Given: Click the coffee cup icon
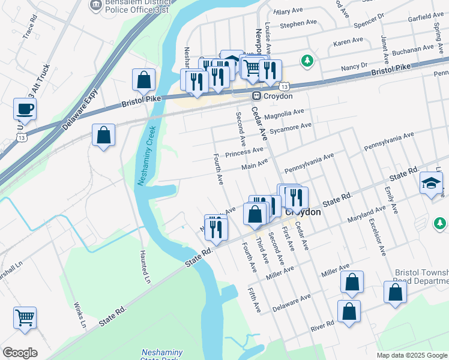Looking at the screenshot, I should click(x=25, y=109).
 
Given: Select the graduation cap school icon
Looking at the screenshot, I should click(x=430, y=183).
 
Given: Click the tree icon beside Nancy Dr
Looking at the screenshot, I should click(x=307, y=60).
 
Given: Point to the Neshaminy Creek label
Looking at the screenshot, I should click(x=147, y=155).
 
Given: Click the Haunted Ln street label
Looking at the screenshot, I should click(x=145, y=267).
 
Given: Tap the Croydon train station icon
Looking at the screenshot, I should click(x=256, y=96).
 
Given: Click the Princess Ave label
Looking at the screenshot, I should click(x=244, y=152).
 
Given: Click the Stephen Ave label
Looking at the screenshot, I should click(x=298, y=24).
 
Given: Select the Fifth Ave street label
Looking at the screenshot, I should click(x=255, y=299).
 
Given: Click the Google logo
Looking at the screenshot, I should click(x=20, y=353).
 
